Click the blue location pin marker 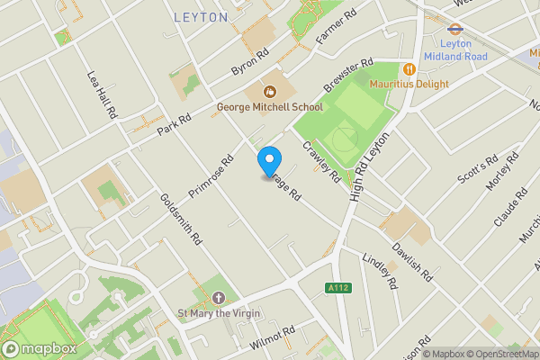[268, 161]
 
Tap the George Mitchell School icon [268, 91]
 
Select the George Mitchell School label [269, 108]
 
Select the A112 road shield [337, 287]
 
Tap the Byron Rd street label [249, 61]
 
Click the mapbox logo [39, 347]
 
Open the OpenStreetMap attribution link [499, 354]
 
